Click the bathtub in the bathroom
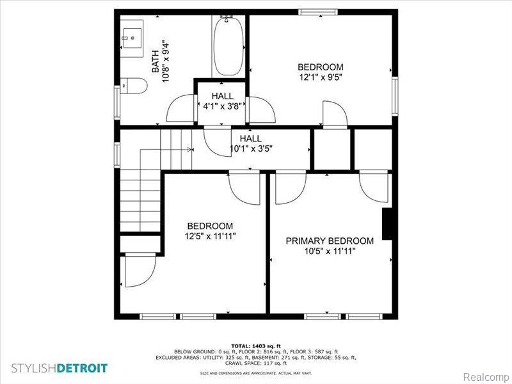point(228,46)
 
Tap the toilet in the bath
point(134,86)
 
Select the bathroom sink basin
point(132,38)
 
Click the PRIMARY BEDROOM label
point(330,241)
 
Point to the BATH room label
point(156,61)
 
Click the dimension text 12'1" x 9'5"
point(321,77)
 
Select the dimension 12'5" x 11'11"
point(210,236)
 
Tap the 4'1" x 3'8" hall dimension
point(222,106)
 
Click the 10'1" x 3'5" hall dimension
point(251,149)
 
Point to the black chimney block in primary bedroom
point(387,224)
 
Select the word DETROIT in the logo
point(82,369)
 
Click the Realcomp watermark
point(486,376)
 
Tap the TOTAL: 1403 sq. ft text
point(256,346)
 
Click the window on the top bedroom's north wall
point(317,12)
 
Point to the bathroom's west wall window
point(117,102)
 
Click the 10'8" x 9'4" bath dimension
point(166,61)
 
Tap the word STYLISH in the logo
point(34,369)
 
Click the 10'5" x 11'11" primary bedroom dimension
point(330,251)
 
